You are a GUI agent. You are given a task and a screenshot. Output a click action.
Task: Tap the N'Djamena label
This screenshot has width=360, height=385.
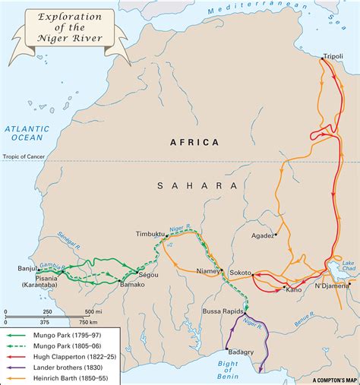(332, 286)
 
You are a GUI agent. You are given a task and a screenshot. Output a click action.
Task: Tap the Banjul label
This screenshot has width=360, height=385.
(27, 268)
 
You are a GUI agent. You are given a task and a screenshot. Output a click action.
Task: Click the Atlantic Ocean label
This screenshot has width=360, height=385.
(27, 134)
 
